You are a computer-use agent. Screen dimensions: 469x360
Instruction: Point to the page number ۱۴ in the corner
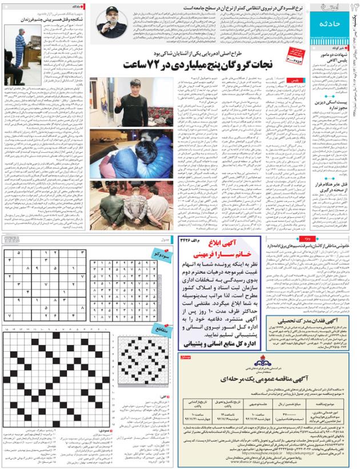tap(350, 8)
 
